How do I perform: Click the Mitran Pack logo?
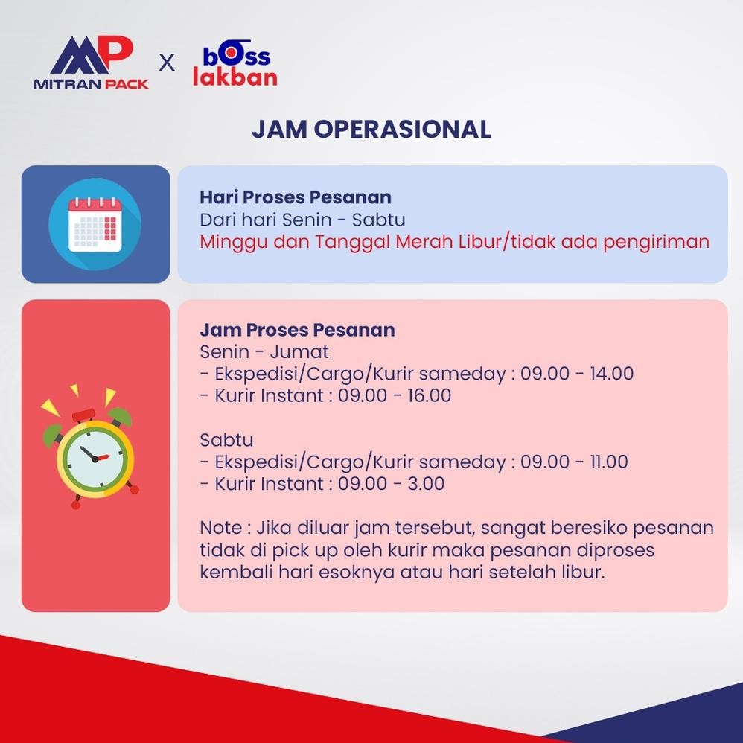91,63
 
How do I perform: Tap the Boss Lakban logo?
235,63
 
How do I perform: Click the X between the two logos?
166,63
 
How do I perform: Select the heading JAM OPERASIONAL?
371,129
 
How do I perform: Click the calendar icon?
95,224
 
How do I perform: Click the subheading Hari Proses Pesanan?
296,197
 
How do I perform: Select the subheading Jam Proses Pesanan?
297,330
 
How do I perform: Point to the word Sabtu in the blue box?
379,220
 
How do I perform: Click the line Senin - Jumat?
264,352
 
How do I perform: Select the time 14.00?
611,374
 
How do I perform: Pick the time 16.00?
429,395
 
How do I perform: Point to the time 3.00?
426,484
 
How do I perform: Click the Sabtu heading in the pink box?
226,440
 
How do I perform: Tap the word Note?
221,528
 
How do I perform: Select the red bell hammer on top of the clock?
83,415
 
